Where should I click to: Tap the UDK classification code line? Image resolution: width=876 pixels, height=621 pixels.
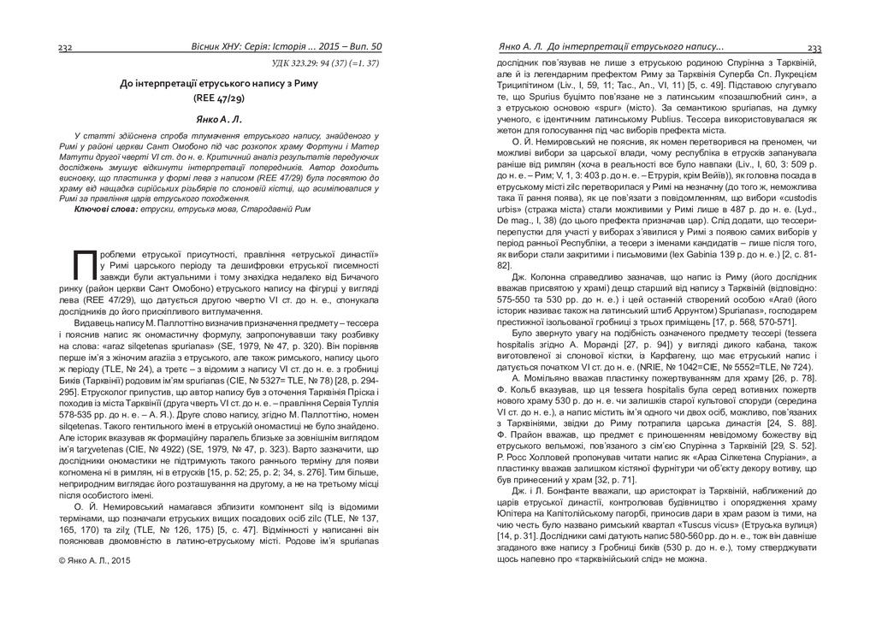click(325, 63)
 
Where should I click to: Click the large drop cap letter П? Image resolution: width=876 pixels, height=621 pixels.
click(85, 265)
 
